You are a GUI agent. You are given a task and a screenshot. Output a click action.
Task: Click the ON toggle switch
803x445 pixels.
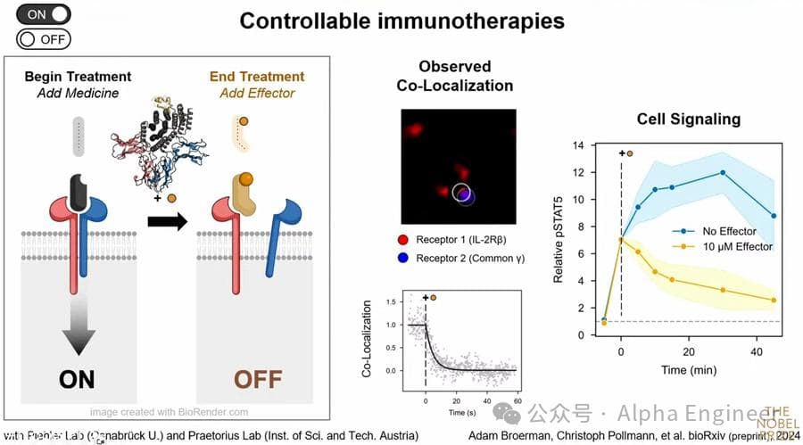44,14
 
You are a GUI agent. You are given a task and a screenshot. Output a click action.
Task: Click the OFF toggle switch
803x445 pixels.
43,39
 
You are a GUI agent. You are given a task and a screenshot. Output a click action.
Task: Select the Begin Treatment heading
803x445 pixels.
78,77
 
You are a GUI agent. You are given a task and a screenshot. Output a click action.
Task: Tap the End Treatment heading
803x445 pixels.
257,77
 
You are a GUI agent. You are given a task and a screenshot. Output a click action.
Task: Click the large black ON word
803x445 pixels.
77,379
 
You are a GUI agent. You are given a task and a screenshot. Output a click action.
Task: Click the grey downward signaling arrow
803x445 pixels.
77,326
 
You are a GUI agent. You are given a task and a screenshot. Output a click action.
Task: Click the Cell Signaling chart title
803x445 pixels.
688,119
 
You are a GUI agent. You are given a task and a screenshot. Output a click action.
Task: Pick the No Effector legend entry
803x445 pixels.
724,230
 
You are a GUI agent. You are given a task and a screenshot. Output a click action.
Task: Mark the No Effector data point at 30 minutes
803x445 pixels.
723,173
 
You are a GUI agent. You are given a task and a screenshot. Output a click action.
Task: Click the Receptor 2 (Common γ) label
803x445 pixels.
473,259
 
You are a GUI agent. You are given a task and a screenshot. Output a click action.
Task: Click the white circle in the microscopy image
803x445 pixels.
462,192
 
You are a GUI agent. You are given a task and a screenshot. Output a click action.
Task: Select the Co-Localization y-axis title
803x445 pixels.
366,334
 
